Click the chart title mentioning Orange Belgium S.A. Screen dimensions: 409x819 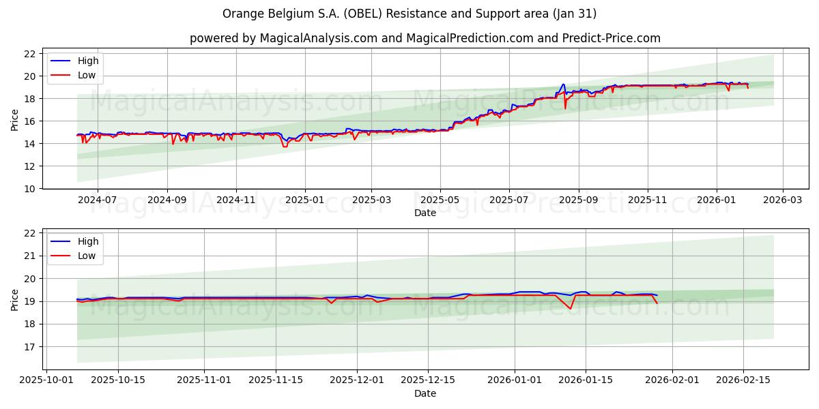point(409,14)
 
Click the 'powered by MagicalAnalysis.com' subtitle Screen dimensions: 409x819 point(425,38)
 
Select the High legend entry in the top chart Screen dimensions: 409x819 point(87,61)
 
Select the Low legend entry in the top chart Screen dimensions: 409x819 point(87,75)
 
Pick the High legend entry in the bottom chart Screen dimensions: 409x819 point(87,241)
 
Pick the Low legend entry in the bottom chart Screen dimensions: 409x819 point(87,256)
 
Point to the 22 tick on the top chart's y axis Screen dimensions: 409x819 point(29,54)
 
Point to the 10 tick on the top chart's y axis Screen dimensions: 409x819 point(29,189)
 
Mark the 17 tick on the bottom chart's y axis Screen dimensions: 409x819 point(29,347)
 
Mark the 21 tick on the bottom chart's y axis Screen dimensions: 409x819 point(29,256)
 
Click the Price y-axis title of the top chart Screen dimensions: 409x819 point(14,119)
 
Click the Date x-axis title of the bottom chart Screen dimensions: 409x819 point(425,393)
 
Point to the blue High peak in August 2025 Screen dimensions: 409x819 point(563,84)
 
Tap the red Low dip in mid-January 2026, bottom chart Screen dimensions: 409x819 point(571,309)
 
